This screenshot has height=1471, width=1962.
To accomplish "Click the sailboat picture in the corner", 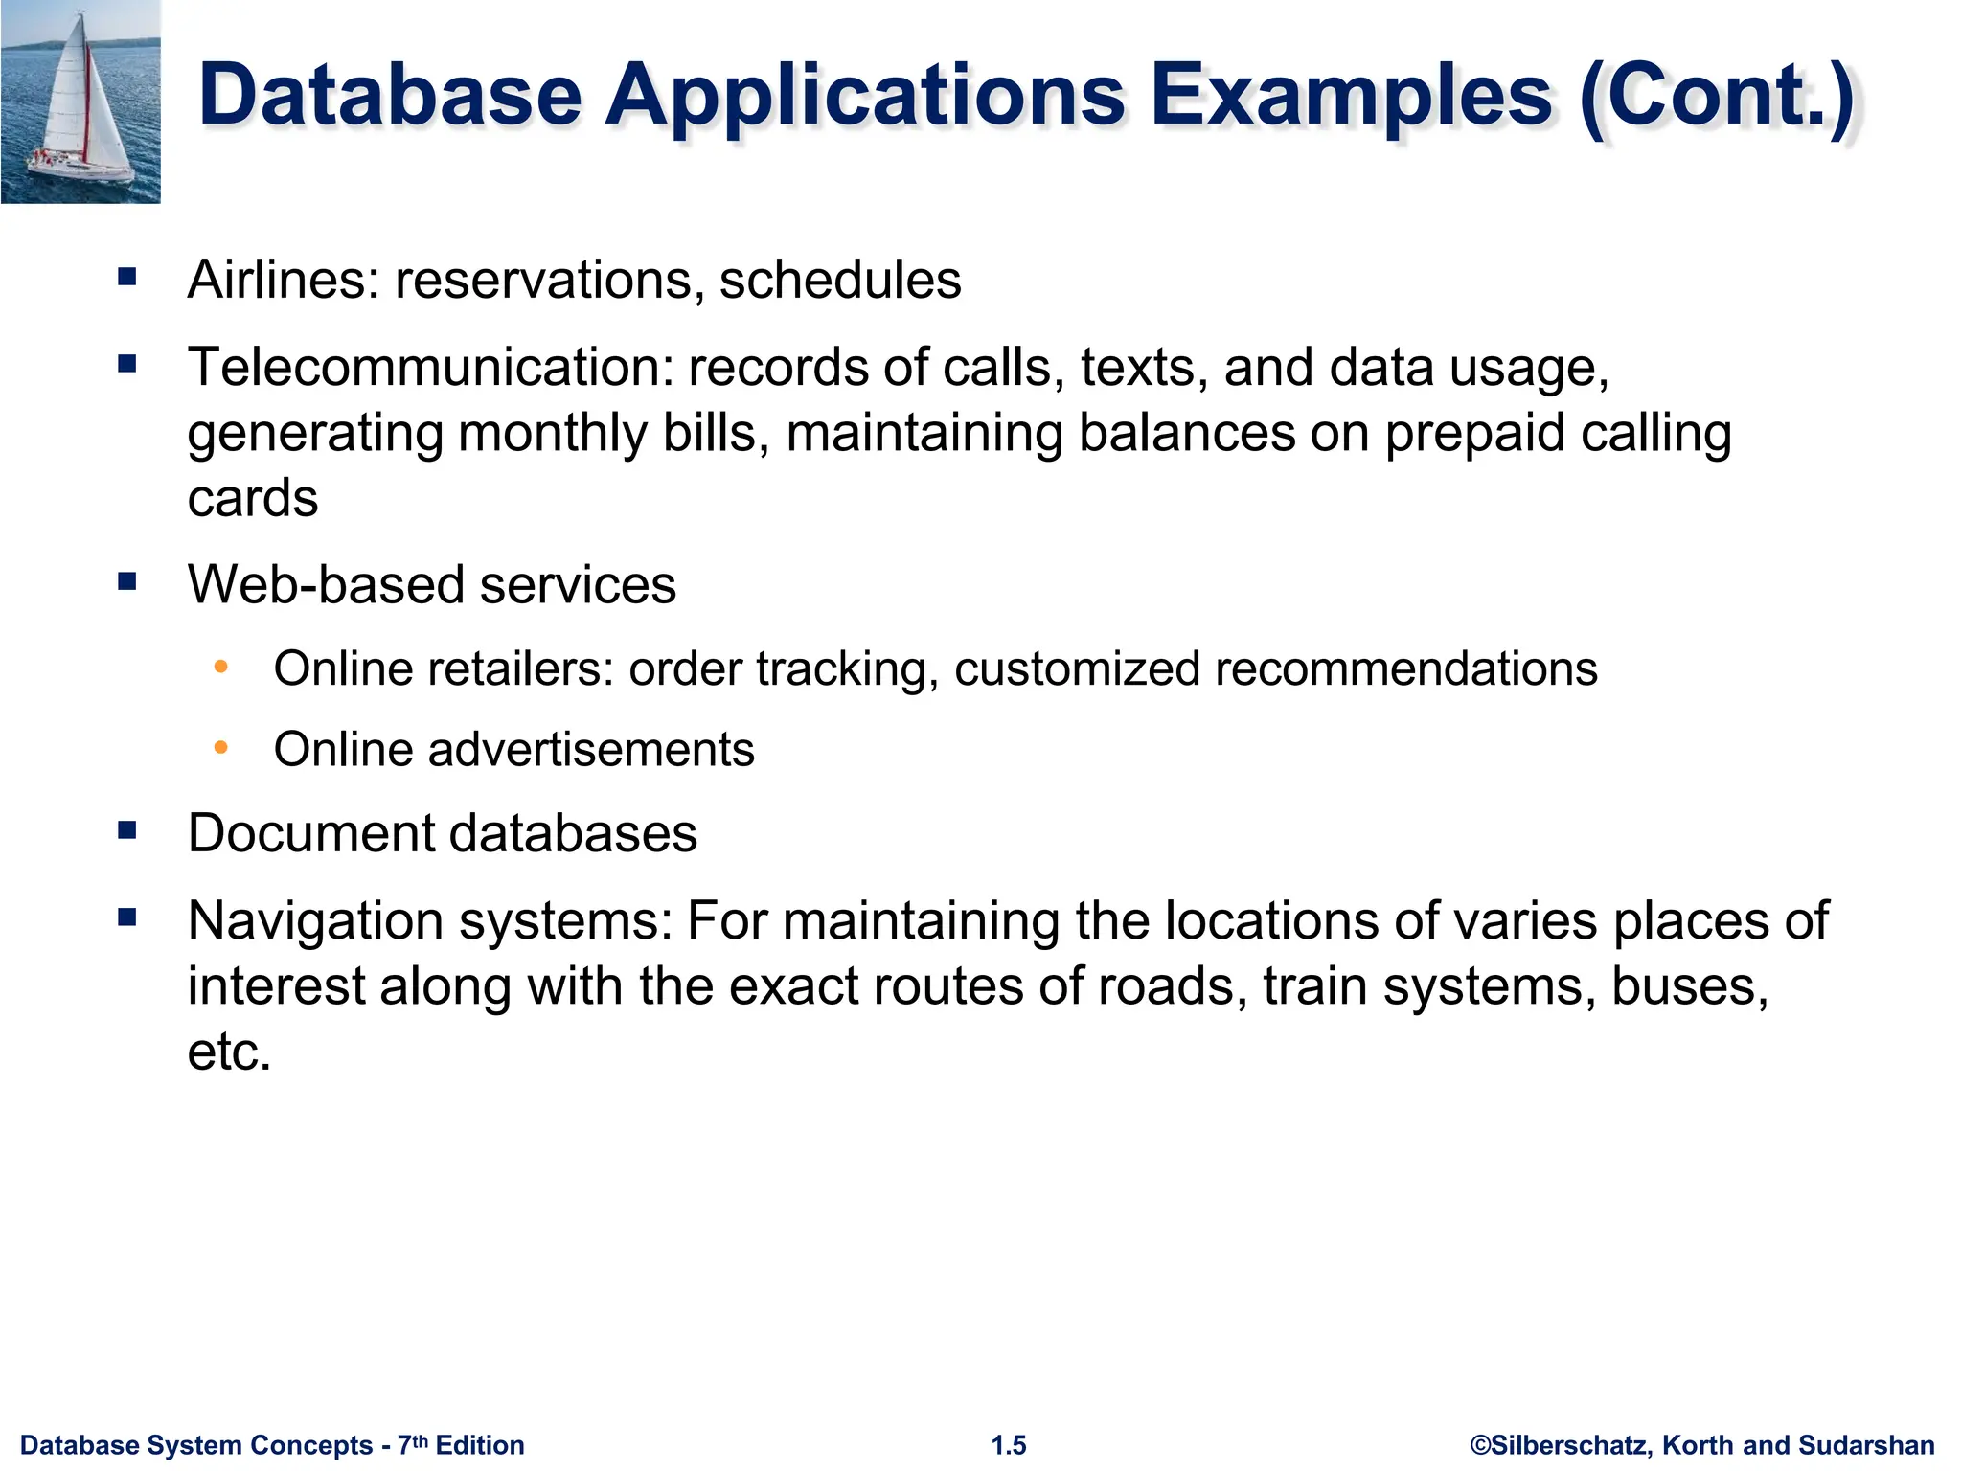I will (80, 102).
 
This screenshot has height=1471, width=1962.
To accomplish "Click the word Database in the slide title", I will (390, 96).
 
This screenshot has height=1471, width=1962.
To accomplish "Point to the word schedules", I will (840, 280).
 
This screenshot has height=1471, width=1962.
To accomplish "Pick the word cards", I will (253, 498).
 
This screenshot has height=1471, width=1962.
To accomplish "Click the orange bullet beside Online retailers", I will (221, 667).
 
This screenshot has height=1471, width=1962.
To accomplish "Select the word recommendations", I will (1405, 668).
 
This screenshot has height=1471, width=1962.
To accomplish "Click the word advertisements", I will (590, 749).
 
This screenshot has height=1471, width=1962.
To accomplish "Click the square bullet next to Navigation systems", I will (127, 918).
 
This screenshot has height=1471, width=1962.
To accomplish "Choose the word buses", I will (1689, 986).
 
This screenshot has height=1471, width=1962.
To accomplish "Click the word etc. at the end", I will (230, 1052).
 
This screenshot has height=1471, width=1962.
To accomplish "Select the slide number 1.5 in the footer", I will (1009, 1445).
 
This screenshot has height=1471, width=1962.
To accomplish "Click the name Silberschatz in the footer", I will (1571, 1445).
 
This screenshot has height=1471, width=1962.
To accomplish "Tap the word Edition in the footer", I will (480, 1445).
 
